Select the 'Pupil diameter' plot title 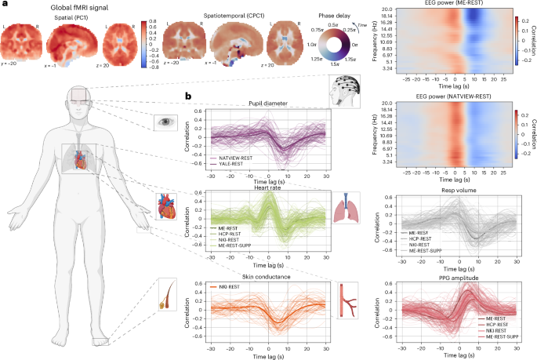tap(267, 103)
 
